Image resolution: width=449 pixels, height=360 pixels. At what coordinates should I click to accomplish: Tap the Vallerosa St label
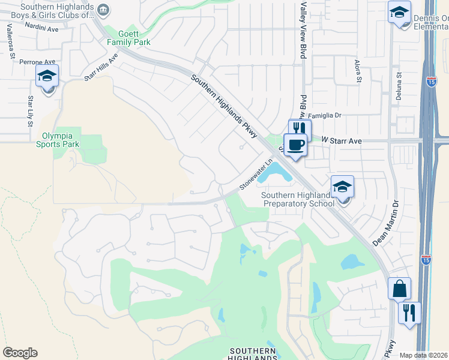tap(10, 41)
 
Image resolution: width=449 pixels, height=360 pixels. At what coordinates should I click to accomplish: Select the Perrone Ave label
tap(37, 62)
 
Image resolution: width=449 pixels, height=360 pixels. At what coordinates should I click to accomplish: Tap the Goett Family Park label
tap(128, 38)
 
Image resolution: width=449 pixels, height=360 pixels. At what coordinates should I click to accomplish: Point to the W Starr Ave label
tap(342, 140)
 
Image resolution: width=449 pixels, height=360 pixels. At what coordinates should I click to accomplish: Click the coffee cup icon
tap(295, 145)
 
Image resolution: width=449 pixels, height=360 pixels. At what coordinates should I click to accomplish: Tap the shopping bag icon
tap(399, 289)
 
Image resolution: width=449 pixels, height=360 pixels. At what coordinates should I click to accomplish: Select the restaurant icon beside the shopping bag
tap(409, 312)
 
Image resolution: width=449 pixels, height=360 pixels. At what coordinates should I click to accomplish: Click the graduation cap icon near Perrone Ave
tap(47, 78)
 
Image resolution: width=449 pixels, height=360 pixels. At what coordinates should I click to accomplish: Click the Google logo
tap(20, 353)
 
